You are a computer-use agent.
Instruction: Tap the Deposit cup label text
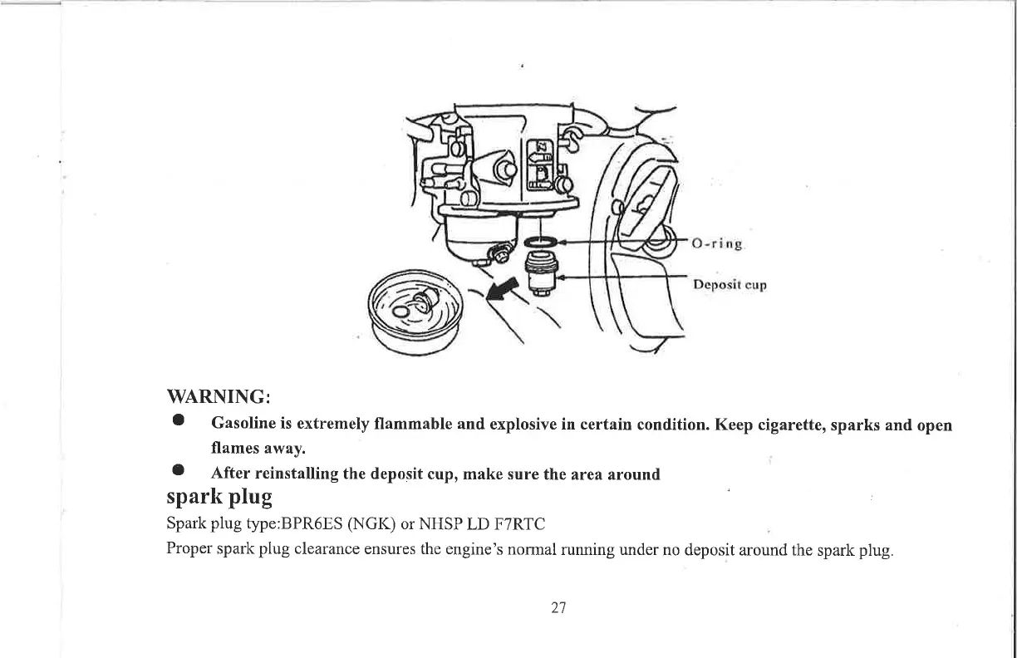730,285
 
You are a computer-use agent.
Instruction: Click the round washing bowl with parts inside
415,314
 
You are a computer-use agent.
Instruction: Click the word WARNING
217,394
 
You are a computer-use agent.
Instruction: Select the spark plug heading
219,498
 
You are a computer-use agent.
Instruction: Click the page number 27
558,607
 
